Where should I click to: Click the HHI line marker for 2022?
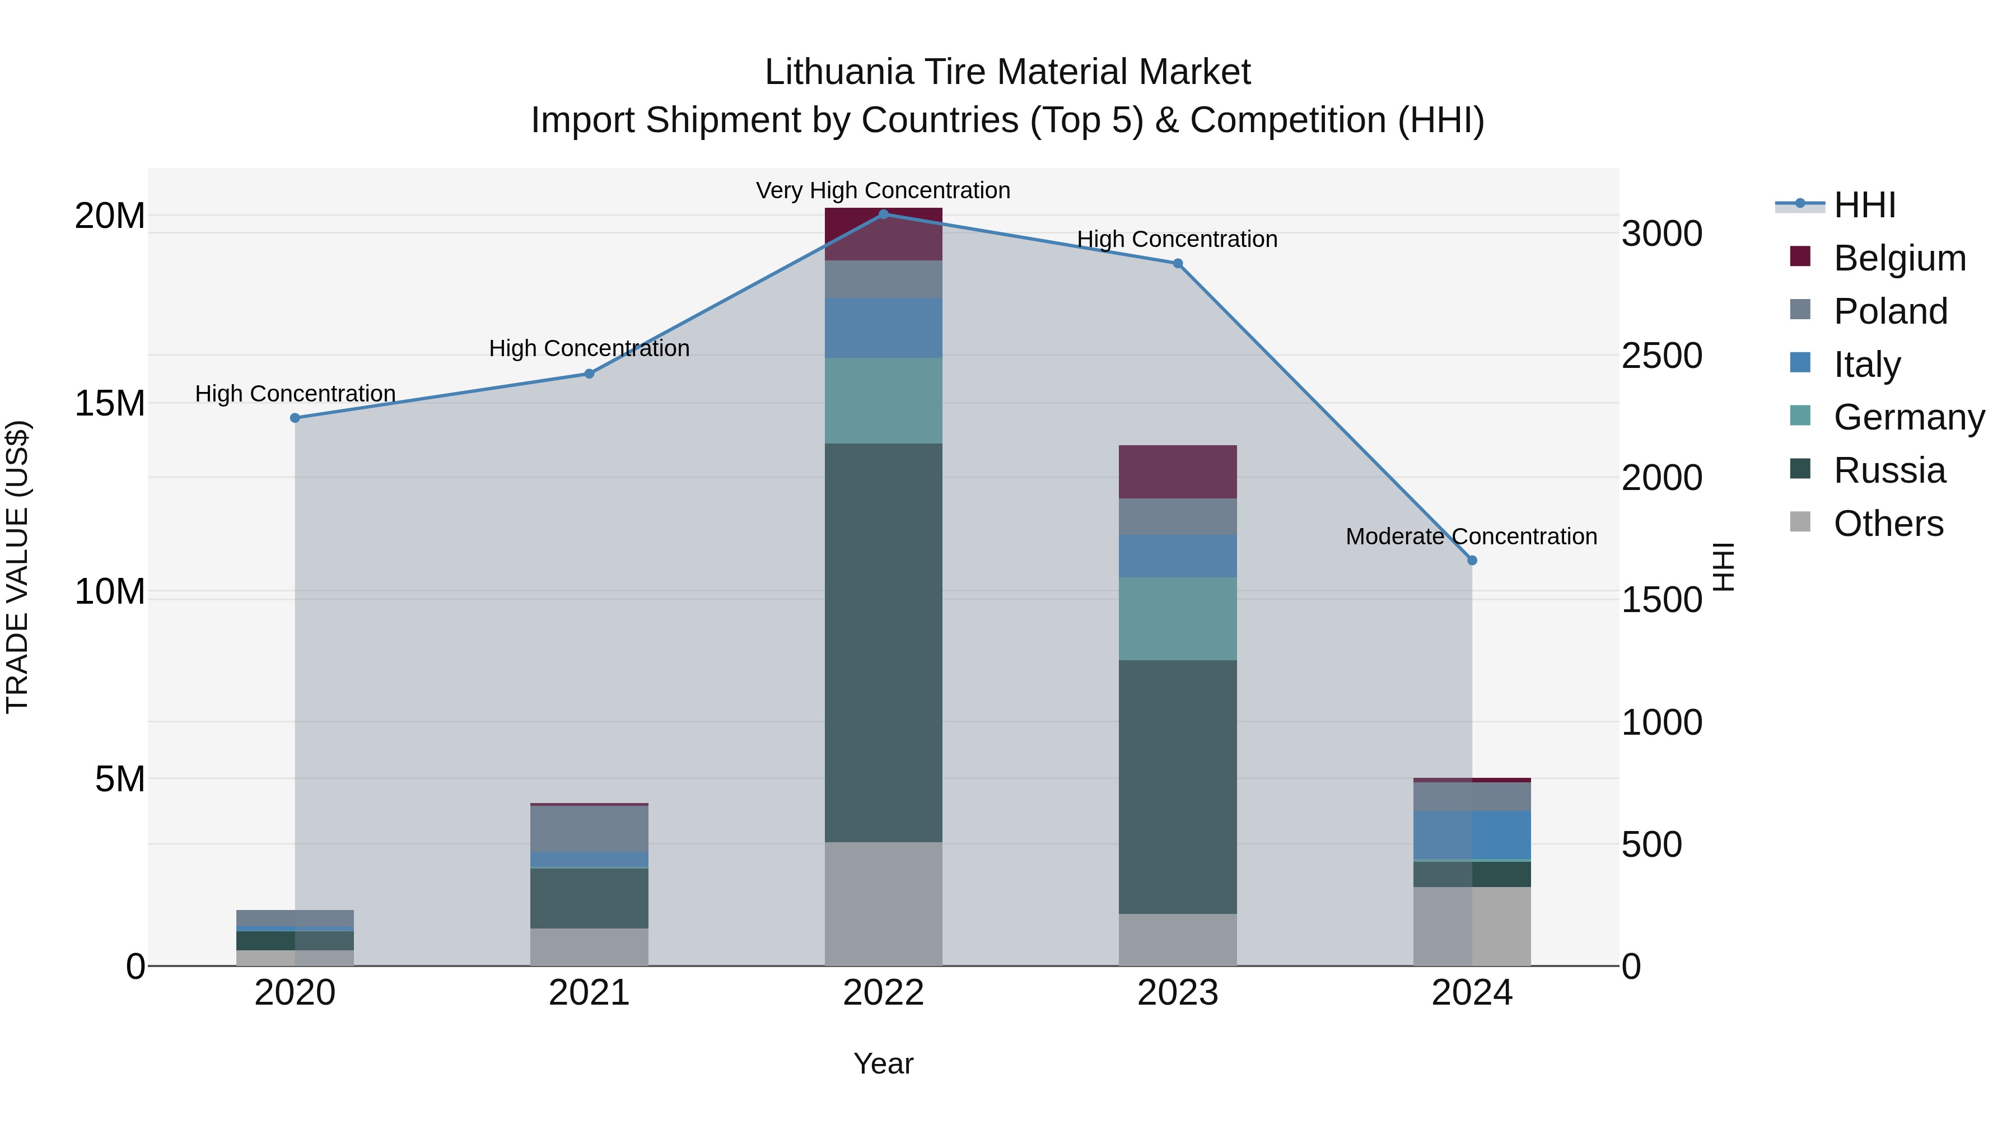click(884, 214)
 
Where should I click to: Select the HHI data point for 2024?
click(1472, 561)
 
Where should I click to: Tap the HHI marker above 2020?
click(295, 418)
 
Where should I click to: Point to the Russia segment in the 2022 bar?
click(884, 642)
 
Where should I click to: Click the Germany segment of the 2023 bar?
click(1178, 618)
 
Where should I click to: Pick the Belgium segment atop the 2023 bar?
click(1178, 471)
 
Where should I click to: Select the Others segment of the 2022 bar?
click(884, 904)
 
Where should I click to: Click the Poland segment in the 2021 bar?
click(589, 828)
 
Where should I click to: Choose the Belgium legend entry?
click(1900, 258)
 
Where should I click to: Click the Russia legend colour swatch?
click(1800, 469)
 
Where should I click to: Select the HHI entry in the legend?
click(1864, 205)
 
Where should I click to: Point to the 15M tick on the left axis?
click(110, 404)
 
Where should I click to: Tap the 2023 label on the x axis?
click(1178, 993)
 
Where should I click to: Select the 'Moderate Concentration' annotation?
click(1471, 537)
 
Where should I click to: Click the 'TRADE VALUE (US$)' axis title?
click(17, 567)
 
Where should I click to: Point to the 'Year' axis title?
click(884, 1063)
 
